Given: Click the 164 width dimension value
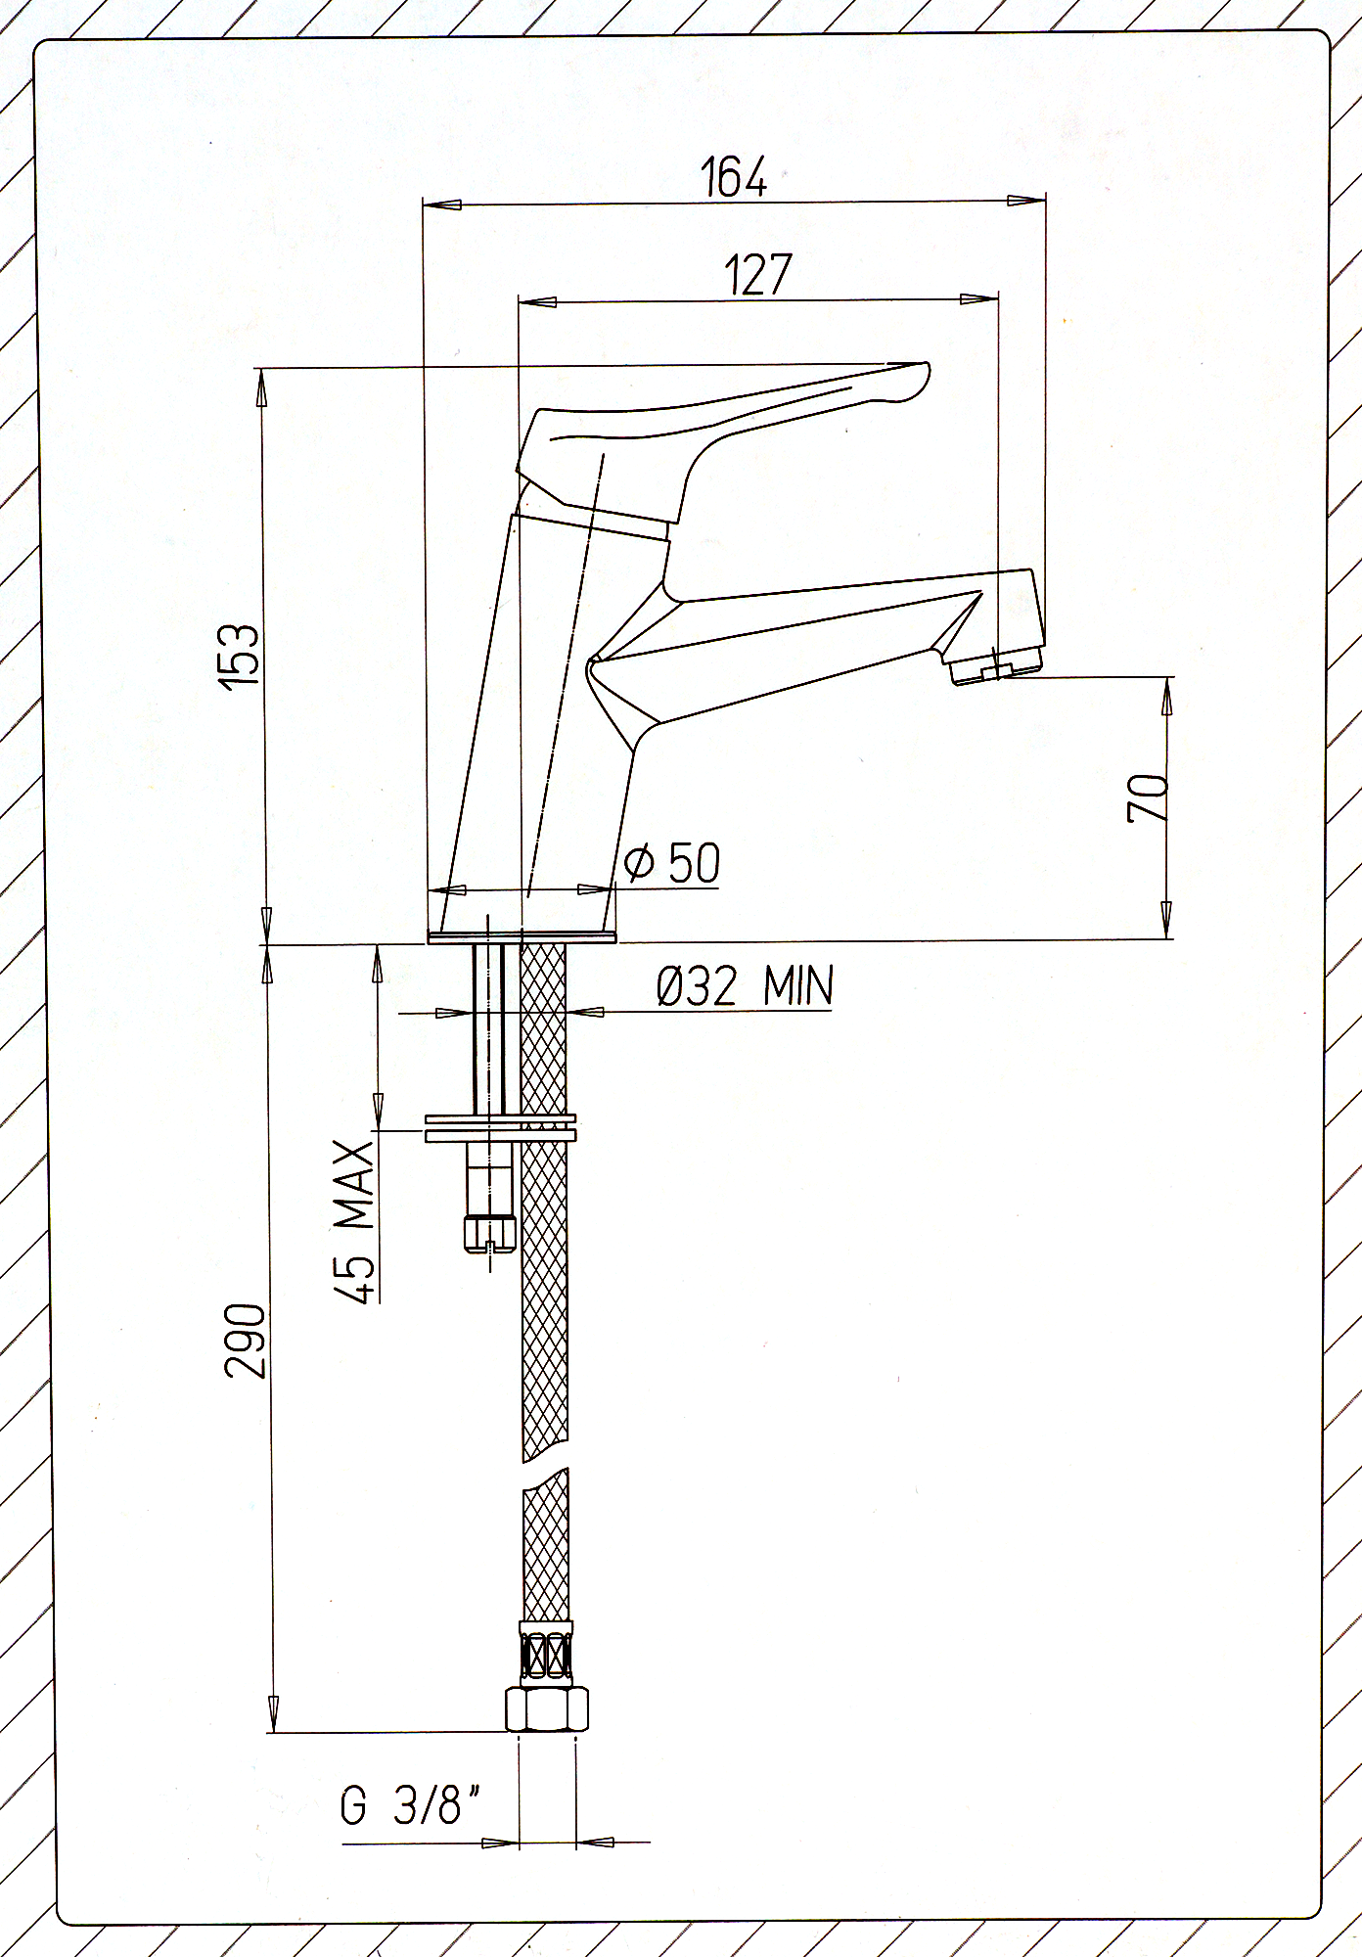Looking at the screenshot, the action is click(735, 176).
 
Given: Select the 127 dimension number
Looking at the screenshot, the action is click(757, 275).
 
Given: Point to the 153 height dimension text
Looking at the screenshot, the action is click(241, 653).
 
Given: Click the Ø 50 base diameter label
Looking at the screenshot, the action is click(672, 862).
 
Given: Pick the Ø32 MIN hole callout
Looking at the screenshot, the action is click(745, 985).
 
